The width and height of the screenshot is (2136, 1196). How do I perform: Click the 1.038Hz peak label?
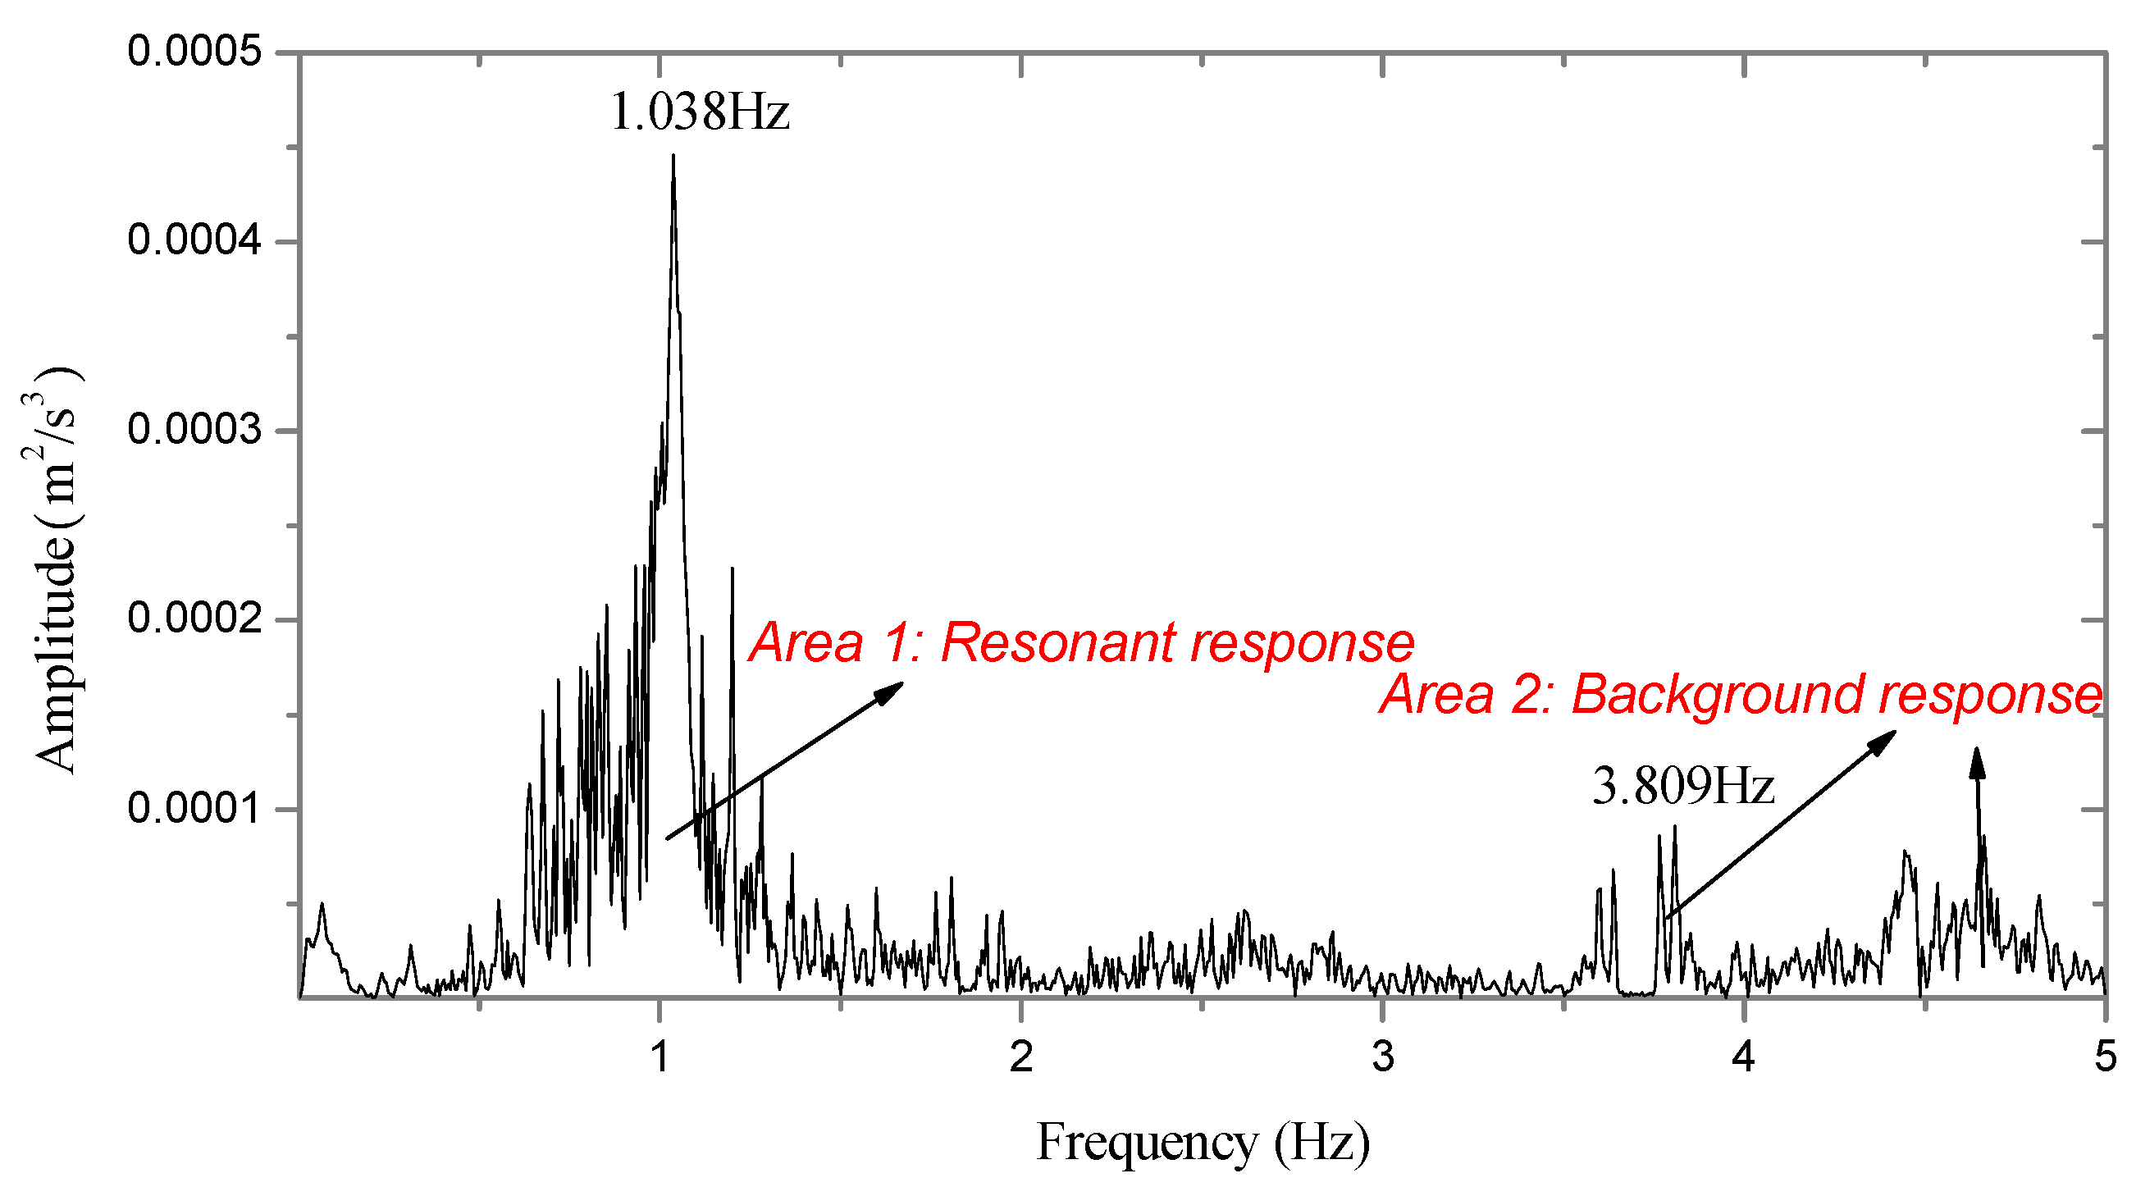pos(699,112)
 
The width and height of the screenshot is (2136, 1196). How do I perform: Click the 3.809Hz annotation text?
pos(1682,787)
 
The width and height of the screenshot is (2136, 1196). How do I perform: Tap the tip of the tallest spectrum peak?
pos(673,157)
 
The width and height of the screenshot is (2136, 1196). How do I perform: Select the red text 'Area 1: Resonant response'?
pos(1081,643)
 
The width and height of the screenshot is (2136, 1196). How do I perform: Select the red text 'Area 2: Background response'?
pos(1741,694)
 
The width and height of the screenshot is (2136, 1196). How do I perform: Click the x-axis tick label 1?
pos(660,1057)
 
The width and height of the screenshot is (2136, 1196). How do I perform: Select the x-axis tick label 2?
pos(1021,1057)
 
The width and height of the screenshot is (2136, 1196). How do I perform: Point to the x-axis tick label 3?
pos(1382,1057)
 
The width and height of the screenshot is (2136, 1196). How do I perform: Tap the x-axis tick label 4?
pos(1745,1057)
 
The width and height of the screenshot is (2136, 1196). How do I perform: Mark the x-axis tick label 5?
pos(2106,1057)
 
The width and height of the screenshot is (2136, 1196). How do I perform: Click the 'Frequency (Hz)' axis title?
pos(1203,1143)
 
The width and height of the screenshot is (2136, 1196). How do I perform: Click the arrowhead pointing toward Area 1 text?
pos(892,691)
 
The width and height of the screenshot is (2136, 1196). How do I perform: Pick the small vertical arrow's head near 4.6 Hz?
pos(1977,761)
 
